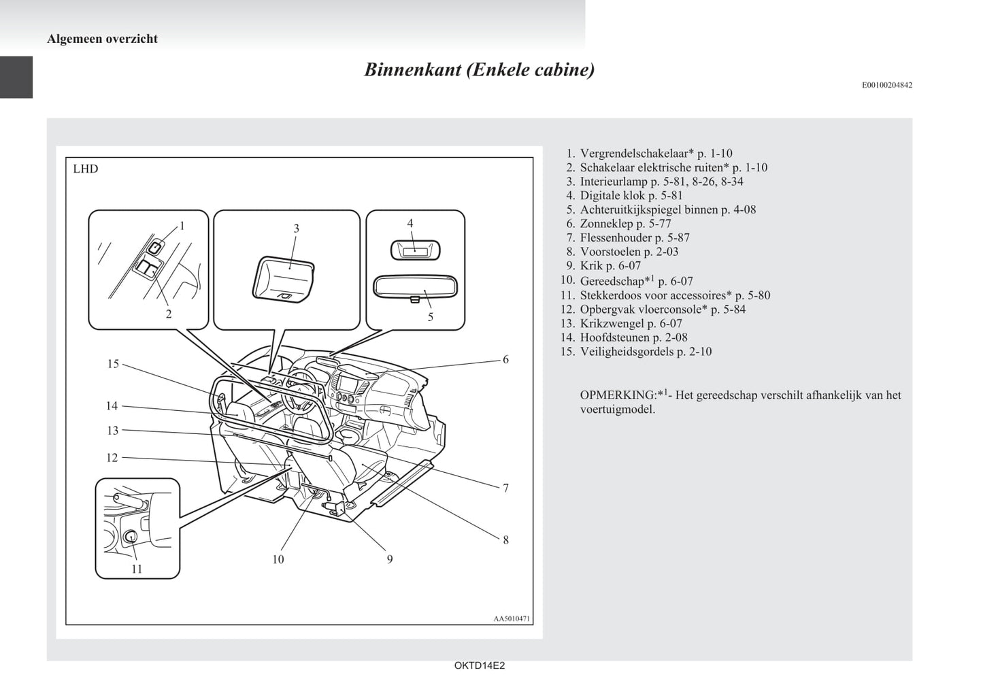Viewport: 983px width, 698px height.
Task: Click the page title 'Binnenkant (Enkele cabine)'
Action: click(x=479, y=70)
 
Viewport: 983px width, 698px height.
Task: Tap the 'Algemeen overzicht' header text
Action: click(x=102, y=39)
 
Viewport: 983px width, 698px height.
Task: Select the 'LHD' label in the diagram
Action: click(x=86, y=169)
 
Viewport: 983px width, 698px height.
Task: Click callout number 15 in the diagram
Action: click(x=113, y=364)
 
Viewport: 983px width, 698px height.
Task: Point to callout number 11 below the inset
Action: click(x=137, y=569)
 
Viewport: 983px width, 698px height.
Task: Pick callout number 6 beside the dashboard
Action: click(x=505, y=359)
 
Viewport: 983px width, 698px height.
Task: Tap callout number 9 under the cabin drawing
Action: click(x=390, y=559)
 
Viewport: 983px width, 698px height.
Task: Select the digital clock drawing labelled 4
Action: click(x=415, y=250)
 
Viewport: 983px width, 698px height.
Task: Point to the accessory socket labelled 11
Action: click(x=131, y=537)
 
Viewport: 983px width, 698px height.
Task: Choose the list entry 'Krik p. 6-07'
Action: click(x=610, y=265)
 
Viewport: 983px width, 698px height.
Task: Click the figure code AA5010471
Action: click(x=512, y=619)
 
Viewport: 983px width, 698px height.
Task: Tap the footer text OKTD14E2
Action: click(x=480, y=666)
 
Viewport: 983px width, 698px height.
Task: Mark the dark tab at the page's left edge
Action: click(x=16, y=78)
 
